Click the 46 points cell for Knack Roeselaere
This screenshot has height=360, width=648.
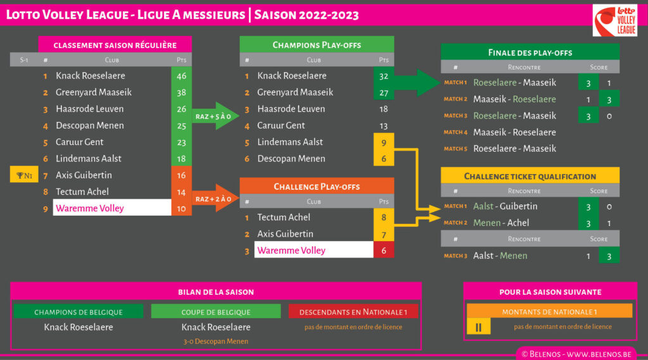(182, 76)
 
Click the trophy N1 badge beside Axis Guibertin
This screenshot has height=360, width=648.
(24, 175)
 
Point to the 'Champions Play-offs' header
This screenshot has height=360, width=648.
(316, 45)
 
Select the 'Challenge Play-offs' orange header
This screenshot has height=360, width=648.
(316, 187)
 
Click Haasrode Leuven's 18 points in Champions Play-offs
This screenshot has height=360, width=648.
(383, 109)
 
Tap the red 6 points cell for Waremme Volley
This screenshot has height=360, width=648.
(383, 251)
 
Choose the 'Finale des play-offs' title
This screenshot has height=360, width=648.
(530, 53)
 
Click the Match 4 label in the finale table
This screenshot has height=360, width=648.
(455, 132)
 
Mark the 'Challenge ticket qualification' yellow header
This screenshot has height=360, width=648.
(530, 177)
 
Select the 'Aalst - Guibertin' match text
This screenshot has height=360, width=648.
(505, 206)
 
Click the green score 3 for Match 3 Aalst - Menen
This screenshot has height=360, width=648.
(609, 256)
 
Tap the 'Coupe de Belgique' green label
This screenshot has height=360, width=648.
(216, 312)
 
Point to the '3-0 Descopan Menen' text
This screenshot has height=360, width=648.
(216, 342)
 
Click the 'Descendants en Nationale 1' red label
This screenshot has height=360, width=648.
(353, 312)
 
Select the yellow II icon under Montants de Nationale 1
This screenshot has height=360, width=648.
(478, 327)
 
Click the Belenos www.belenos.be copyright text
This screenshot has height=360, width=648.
(579, 354)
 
